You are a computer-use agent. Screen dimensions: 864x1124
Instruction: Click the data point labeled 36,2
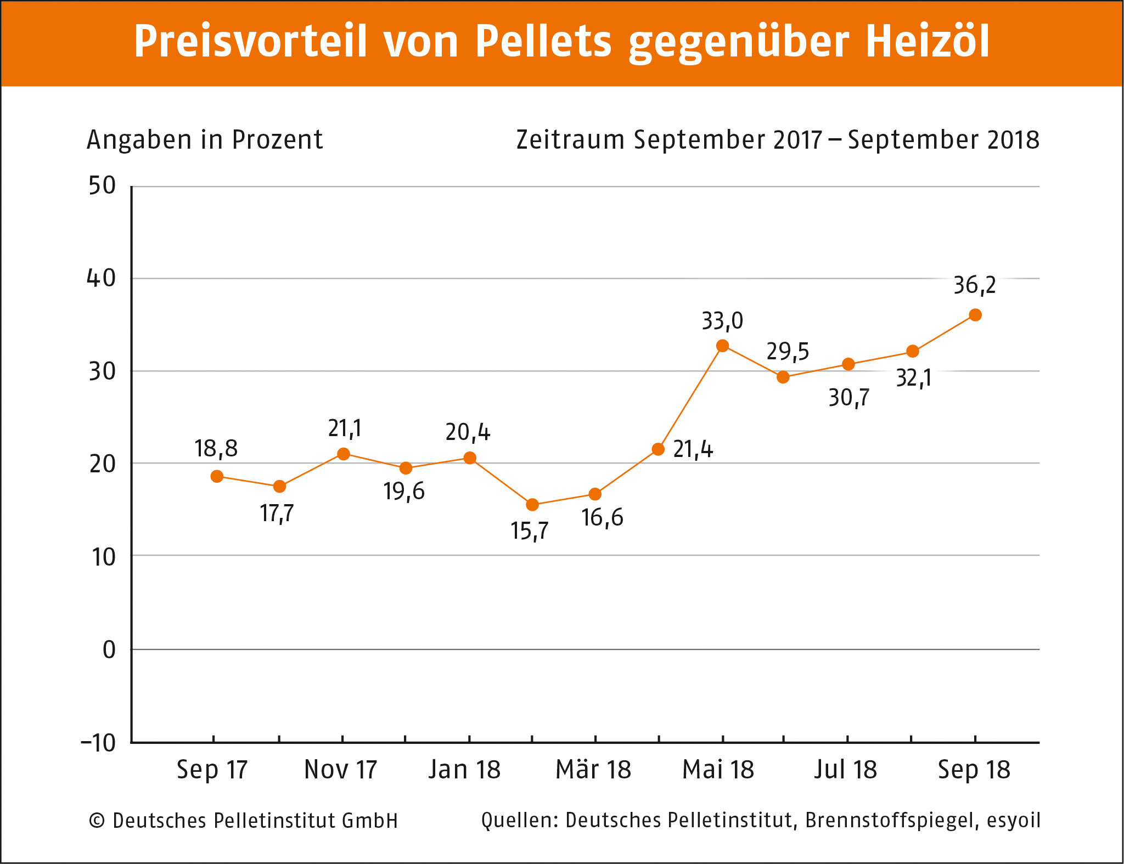click(975, 315)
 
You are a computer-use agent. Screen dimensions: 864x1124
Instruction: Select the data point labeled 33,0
click(723, 346)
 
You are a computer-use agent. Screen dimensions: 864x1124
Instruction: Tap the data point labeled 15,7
click(532, 505)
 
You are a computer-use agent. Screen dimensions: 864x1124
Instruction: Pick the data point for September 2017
click(217, 476)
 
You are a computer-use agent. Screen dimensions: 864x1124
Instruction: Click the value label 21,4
click(693, 450)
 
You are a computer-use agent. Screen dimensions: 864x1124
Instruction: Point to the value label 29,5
click(788, 352)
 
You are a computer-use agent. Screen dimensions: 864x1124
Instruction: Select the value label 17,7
click(277, 514)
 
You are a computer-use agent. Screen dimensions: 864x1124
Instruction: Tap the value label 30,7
click(849, 398)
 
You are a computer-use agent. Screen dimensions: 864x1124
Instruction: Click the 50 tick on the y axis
click(102, 186)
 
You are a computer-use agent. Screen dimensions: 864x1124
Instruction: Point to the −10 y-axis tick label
click(99, 743)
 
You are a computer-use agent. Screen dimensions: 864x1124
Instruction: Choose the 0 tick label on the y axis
click(109, 650)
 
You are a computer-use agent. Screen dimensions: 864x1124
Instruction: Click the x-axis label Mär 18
click(593, 770)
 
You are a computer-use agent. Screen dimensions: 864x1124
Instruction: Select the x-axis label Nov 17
click(341, 770)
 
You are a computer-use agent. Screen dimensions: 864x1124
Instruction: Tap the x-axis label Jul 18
click(846, 770)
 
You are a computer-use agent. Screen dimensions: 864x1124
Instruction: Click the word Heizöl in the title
click(928, 42)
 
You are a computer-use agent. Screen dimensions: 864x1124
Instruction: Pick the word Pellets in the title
click(543, 42)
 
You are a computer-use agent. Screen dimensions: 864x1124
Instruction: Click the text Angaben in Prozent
click(205, 140)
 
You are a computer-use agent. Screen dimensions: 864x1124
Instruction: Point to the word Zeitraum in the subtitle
click(570, 140)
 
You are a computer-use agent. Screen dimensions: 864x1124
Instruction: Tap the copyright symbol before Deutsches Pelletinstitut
click(97, 821)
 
